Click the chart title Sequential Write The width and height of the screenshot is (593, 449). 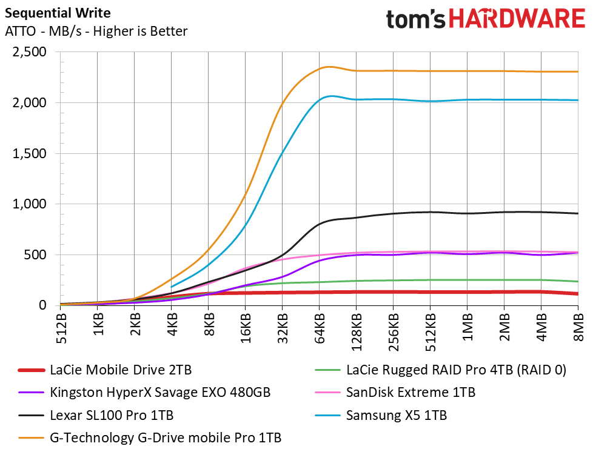click(58, 13)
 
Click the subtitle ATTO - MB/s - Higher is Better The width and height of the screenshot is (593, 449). click(96, 31)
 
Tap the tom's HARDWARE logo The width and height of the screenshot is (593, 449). click(486, 19)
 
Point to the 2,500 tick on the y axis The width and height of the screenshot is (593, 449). click(30, 52)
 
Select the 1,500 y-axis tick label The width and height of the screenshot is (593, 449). click(30, 153)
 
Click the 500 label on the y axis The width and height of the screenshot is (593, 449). click(35, 254)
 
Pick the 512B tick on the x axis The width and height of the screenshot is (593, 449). click(61, 328)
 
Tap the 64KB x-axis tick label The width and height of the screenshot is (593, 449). click(320, 328)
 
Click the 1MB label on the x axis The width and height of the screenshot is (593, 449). click(468, 327)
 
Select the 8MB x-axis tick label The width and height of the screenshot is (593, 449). click(579, 327)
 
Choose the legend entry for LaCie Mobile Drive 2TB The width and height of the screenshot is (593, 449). click(105, 370)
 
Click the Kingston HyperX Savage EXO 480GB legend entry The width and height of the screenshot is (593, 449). click(144, 392)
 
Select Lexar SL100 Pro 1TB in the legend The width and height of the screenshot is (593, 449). click(96, 415)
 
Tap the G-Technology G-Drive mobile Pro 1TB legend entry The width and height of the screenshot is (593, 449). click(150, 437)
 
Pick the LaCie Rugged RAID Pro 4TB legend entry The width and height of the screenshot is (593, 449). click(441, 370)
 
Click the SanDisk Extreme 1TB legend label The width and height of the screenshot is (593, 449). click(395, 392)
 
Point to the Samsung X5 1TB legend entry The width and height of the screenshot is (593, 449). click(381, 415)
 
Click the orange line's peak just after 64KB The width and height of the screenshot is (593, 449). click(329, 67)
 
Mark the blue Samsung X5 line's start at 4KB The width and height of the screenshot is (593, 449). click(172, 287)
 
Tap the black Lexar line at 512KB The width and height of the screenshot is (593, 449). click(430, 212)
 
